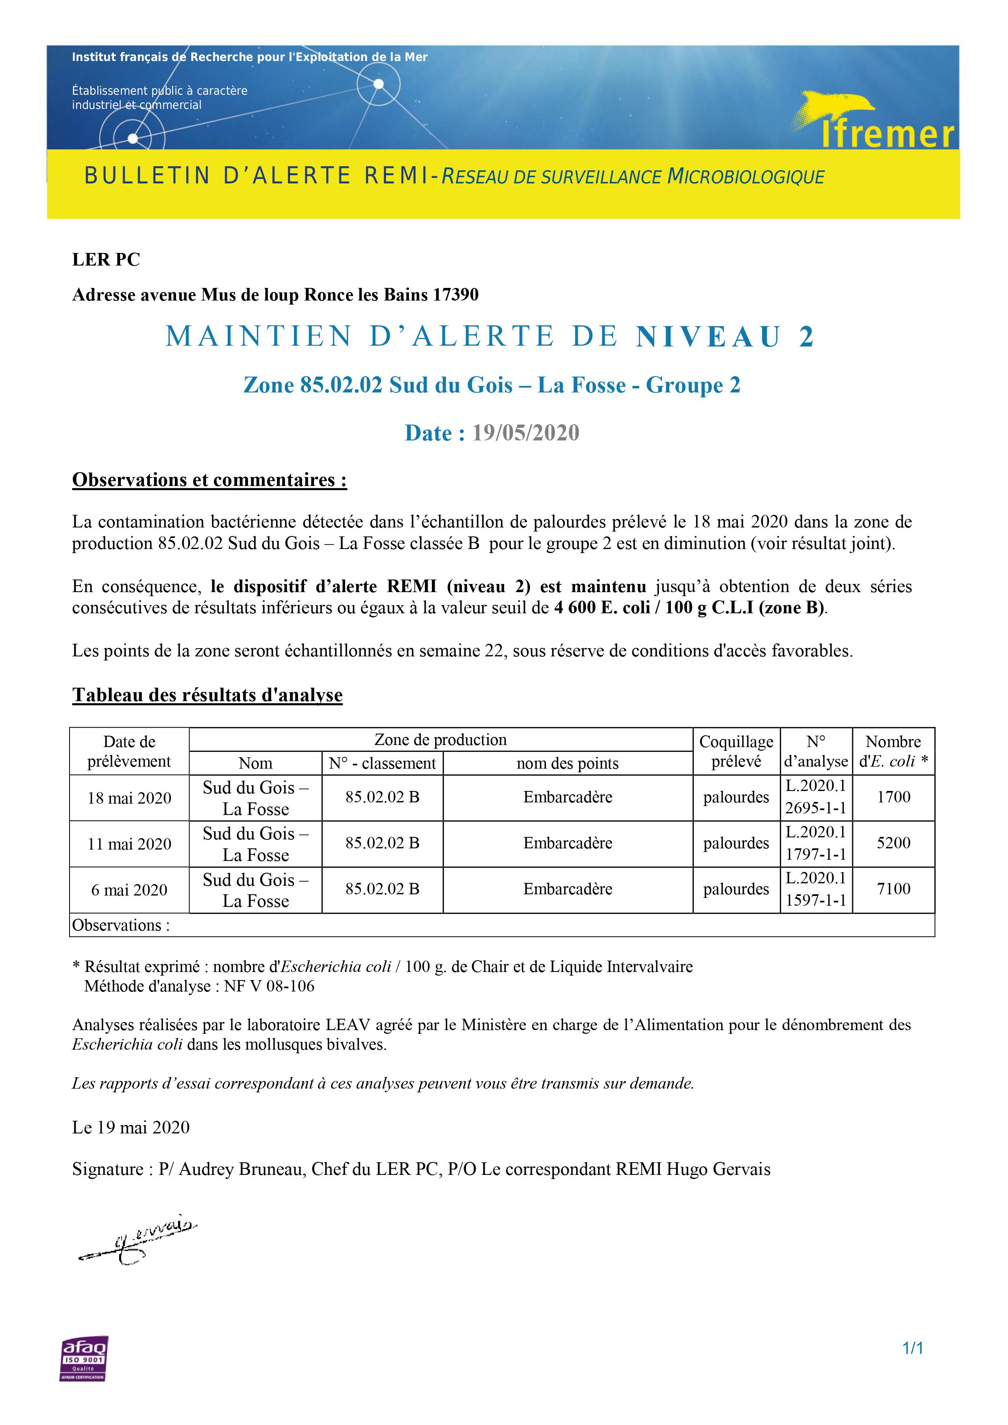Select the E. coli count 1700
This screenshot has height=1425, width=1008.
tap(893, 797)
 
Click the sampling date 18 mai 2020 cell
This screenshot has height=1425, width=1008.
tap(129, 798)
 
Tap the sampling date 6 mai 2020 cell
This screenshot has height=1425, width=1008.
tap(129, 890)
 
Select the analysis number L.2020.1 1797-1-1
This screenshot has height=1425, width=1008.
tap(816, 843)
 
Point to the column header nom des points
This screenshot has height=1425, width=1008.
tap(567, 763)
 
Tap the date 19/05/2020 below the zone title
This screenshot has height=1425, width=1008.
tap(525, 433)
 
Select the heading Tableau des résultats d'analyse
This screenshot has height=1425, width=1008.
tap(207, 695)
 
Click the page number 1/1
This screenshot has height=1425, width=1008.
tap(912, 1365)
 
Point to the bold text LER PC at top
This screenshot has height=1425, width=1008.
tap(106, 259)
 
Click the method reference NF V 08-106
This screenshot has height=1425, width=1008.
tap(269, 986)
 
